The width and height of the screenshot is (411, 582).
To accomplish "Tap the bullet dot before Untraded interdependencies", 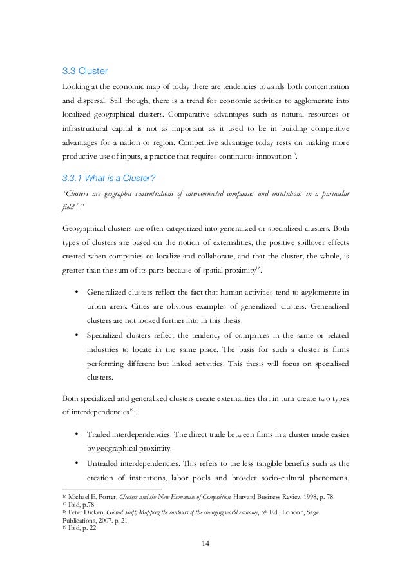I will [77, 463].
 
